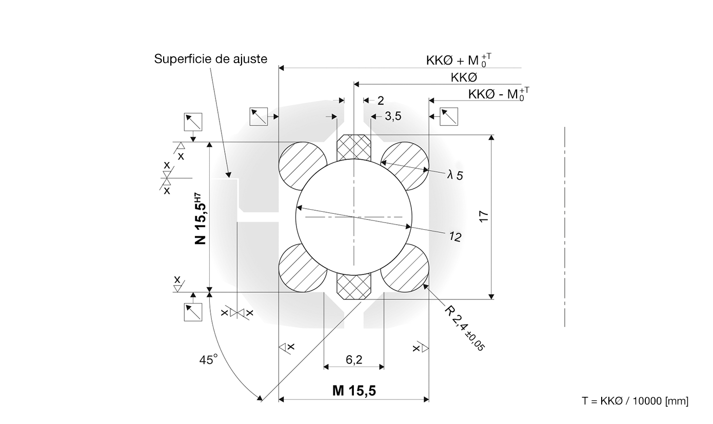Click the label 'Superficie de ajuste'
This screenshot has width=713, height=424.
tap(210, 59)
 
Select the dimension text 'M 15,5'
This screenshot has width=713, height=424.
tap(354, 391)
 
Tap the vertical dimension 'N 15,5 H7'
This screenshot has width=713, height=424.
tap(200, 218)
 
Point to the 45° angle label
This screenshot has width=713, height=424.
tap(208, 359)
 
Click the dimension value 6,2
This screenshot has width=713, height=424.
tap(354, 360)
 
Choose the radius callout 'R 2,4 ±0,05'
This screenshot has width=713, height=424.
tap(464, 328)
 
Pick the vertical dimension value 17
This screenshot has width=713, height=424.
tap(484, 216)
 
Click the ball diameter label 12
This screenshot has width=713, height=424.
tap(455, 237)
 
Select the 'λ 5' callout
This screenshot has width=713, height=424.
tap(455, 175)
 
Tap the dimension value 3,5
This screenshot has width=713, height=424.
tap(393, 116)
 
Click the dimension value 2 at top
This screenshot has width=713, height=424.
tap(381, 101)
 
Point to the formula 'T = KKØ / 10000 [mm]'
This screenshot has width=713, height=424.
tap(635, 401)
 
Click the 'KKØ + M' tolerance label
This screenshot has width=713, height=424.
tap(459, 60)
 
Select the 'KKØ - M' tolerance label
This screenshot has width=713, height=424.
tap(499, 94)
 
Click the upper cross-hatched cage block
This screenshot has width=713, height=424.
tap(354, 147)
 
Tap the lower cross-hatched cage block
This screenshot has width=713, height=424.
tap(354, 287)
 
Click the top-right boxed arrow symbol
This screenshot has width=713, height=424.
tap(449, 117)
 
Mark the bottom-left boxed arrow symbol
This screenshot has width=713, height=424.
tap(193, 312)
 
